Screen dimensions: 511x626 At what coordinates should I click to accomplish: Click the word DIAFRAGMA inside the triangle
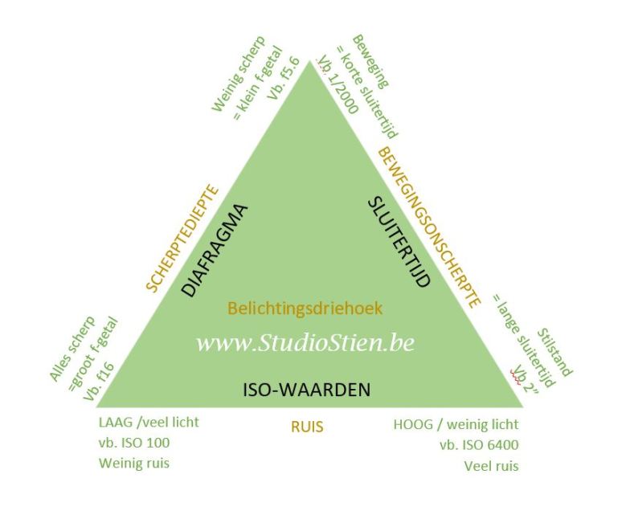(x=212, y=250)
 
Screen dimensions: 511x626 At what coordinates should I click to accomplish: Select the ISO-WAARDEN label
(x=306, y=390)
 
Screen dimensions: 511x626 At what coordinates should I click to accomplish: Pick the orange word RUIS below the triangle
(x=308, y=427)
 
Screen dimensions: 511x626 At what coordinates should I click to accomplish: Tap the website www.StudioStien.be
(x=305, y=342)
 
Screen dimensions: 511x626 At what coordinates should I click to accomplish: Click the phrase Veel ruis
(x=491, y=464)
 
